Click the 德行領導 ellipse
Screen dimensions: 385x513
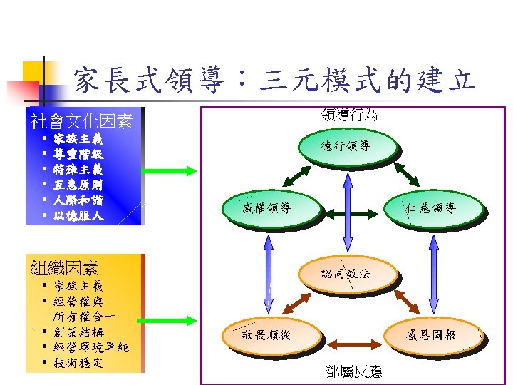(346, 147)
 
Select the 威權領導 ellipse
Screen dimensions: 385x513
(266, 208)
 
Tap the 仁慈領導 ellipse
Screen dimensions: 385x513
(432, 208)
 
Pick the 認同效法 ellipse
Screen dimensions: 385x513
(346, 273)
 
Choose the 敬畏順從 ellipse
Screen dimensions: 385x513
(266, 334)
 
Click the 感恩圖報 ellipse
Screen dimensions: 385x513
(431, 334)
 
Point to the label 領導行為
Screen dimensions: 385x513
(349, 114)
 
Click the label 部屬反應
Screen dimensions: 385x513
(353, 371)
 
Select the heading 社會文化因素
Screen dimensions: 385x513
(81, 121)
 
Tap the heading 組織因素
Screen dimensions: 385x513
(65, 268)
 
